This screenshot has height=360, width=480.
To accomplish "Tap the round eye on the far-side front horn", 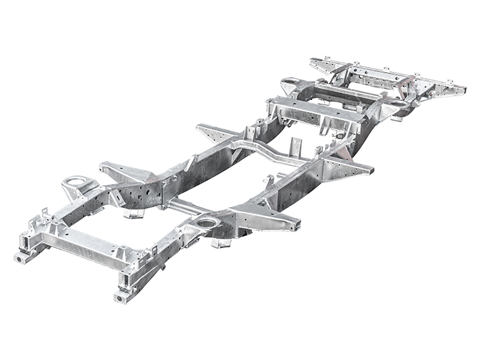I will tap(20, 258).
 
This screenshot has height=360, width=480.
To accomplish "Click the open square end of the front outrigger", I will tap(297, 225).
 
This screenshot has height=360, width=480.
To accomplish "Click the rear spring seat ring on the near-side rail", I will tap(396, 104).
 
